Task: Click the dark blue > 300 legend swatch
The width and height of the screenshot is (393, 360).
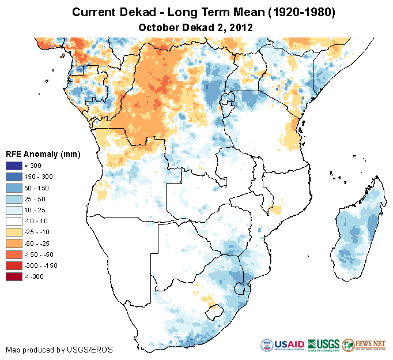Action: (x=14, y=166)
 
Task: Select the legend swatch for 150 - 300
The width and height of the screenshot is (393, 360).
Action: (x=14, y=177)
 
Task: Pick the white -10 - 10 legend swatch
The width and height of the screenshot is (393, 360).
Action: (x=14, y=221)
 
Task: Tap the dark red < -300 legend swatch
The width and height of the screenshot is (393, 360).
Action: (x=14, y=276)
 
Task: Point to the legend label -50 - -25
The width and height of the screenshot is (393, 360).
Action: (x=40, y=243)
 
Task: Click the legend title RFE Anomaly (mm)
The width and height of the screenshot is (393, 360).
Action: (x=43, y=154)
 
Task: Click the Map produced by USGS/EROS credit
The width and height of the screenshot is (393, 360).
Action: (x=59, y=350)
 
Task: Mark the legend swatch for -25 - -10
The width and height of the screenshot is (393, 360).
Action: (x=14, y=232)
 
